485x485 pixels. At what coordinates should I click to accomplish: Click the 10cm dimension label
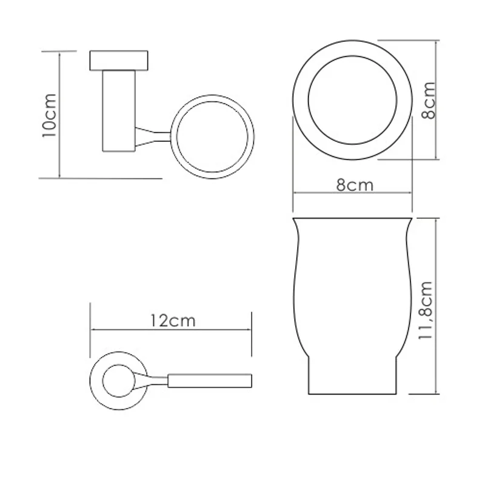click(x=49, y=115)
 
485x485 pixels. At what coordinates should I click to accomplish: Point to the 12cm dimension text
click(x=173, y=321)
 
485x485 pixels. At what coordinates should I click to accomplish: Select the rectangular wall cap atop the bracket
click(x=119, y=61)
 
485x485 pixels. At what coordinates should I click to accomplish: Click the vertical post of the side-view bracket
click(x=119, y=109)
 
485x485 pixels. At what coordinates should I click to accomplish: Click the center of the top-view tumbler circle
click(x=353, y=100)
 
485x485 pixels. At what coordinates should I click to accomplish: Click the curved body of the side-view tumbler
click(x=353, y=285)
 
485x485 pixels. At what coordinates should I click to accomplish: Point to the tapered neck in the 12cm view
click(x=152, y=381)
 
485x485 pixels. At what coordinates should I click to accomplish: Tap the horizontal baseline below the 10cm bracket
click(x=101, y=178)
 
